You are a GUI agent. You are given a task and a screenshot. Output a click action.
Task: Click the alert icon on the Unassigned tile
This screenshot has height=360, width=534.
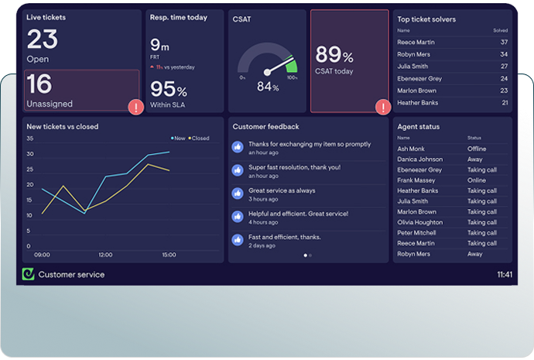pos(136,107)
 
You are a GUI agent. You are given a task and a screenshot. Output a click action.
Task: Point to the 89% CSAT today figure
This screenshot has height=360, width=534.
pos(334,54)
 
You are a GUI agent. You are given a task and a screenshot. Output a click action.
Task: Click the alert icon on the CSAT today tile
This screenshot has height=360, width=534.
pos(382,107)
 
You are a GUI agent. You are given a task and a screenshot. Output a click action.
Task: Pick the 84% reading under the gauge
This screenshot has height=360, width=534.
pos(268,87)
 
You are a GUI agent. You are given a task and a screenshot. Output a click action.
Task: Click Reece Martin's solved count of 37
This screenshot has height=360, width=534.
pos(504,42)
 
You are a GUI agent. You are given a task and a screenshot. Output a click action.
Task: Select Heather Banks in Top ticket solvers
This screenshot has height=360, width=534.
pos(417,102)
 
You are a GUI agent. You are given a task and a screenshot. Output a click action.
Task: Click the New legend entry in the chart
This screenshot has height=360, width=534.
pos(179,139)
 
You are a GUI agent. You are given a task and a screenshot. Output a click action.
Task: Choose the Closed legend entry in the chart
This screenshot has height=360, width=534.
pos(199,139)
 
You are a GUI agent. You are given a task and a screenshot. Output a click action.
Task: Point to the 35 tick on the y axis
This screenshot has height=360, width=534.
pos(29,139)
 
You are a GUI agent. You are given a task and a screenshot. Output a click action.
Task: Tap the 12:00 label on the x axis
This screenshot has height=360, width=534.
pos(105,254)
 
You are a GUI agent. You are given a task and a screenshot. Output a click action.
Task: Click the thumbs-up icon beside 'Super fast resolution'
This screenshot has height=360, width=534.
pos(238,170)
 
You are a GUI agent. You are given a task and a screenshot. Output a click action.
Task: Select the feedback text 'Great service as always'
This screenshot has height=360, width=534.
pos(282,190)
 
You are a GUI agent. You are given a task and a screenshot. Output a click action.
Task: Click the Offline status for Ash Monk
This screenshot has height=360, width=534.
pos(477,149)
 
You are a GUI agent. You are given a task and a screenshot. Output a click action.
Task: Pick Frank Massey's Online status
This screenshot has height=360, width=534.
pos(477,180)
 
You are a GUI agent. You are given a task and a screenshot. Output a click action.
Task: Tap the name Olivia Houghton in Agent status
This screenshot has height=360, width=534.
pos(421,222)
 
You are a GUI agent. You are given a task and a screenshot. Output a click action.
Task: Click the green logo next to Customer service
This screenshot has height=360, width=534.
pos(29,274)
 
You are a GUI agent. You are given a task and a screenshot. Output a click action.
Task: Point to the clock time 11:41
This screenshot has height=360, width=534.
pos(504,274)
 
